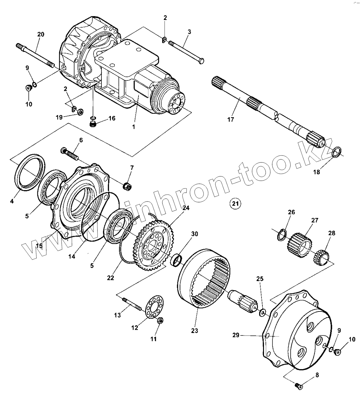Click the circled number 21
pos(235,203)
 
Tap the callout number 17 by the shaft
pos(230,119)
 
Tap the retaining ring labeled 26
pos(282,236)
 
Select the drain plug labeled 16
pos(93,124)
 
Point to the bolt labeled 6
pos(70,153)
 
